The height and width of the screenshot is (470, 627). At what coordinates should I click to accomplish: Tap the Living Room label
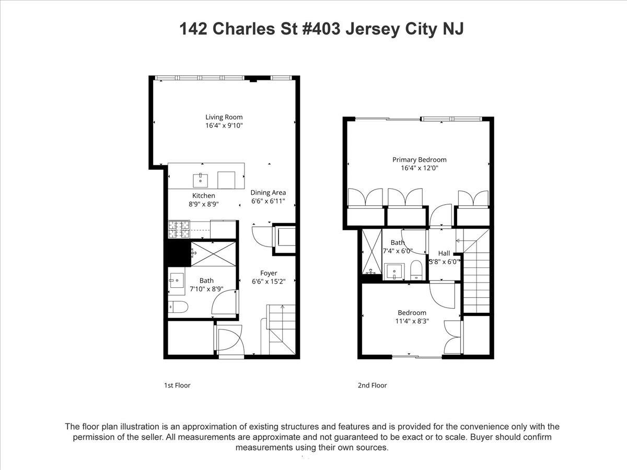coord(224,117)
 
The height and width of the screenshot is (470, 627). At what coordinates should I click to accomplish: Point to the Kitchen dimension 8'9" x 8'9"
coord(203,205)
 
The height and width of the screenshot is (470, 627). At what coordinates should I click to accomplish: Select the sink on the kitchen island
coord(201,180)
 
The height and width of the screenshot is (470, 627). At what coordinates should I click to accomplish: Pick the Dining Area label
coord(268,192)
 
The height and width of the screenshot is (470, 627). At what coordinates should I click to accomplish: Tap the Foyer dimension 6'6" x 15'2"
coord(269,282)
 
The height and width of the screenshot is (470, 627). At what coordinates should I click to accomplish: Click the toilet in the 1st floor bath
coord(177,307)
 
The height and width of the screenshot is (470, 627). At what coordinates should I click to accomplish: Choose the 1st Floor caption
coord(177,385)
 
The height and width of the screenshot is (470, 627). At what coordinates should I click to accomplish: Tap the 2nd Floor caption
coord(372,385)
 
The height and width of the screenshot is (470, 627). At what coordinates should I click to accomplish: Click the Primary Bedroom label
coord(419,160)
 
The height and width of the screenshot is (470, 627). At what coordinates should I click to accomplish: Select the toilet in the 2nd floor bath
coord(417,270)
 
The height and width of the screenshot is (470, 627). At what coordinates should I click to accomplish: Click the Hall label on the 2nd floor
coord(444,254)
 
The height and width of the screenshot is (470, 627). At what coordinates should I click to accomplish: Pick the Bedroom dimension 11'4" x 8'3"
coord(411,322)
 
